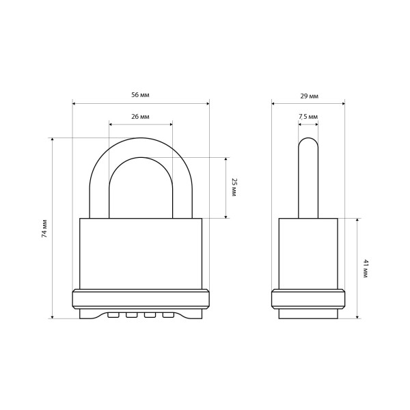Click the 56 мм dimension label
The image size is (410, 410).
click(140, 95)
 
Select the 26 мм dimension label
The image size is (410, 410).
click(140, 117)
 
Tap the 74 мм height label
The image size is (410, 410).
click(44, 228)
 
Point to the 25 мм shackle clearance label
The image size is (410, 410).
click(234, 187)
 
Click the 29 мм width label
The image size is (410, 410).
click(310, 96)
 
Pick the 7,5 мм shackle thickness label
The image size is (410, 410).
click(308, 117)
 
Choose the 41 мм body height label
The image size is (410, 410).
click(366, 269)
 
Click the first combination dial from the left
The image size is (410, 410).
click(113, 315)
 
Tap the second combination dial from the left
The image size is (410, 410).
click(131, 315)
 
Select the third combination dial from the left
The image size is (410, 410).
click(150, 315)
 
